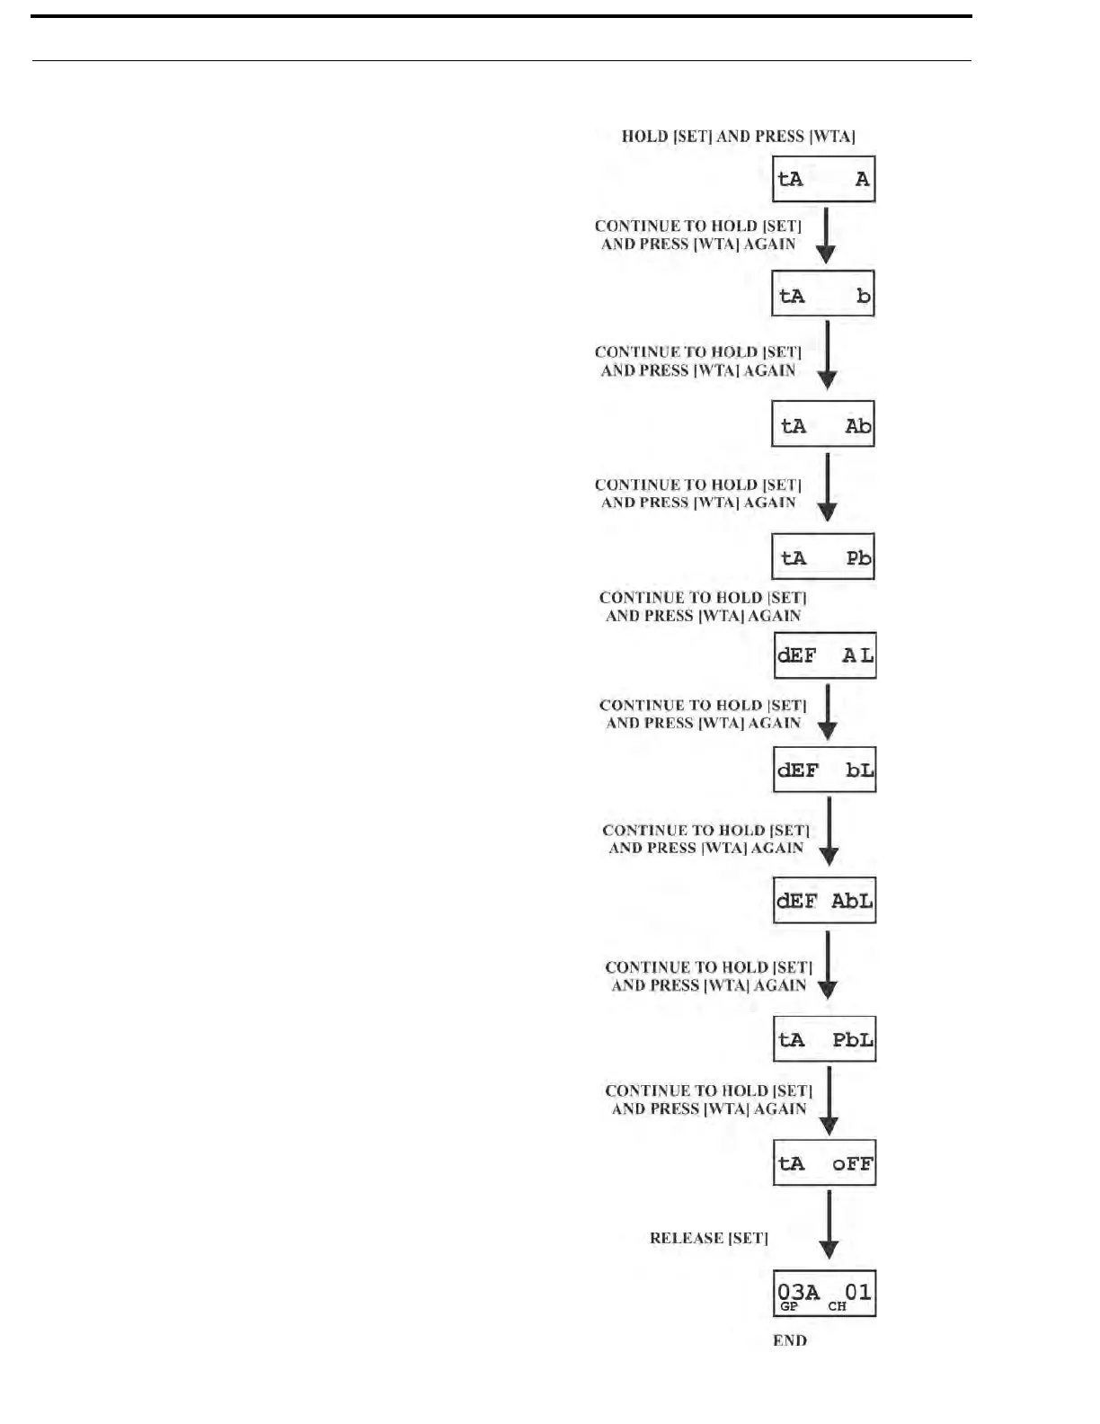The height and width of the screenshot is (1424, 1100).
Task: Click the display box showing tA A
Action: click(x=823, y=179)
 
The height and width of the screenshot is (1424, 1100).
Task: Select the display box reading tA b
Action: click(x=823, y=294)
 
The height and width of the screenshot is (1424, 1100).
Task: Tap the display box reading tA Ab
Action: click(x=823, y=424)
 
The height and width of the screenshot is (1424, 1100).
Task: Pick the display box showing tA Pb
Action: click(x=823, y=556)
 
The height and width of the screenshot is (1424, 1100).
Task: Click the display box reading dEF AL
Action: click(x=825, y=655)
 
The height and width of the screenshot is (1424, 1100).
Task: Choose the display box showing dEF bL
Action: click(x=825, y=770)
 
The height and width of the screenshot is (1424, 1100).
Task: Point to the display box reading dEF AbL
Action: click(x=825, y=900)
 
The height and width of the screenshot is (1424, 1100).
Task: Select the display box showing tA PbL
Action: click(x=825, y=1039)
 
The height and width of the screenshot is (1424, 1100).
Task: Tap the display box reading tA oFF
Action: click(x=825, y=1163)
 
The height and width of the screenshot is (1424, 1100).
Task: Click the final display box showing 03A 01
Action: click(x=825, y=1294)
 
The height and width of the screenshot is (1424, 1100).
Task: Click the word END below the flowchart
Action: click(x=790, y=1340)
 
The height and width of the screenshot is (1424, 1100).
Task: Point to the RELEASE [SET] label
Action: click(x=709, y=1238)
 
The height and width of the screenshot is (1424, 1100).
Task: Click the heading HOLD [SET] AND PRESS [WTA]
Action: click(x=739, y=137)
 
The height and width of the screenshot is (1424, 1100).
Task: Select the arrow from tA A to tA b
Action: click(x=826, y=236)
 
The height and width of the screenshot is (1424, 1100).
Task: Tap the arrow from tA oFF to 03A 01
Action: click(x=829, y=1225)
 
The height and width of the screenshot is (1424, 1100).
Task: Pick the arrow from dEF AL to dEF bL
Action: click(x=828, y=712)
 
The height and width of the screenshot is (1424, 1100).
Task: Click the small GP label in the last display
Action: click(x=789, y=1306)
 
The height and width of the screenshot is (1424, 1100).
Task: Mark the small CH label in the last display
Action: click(x=838, y=1306)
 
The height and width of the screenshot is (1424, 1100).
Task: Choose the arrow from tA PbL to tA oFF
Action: click(x=829, y=1100)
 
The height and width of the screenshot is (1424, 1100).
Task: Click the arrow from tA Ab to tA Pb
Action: click(x=828, y=487)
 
